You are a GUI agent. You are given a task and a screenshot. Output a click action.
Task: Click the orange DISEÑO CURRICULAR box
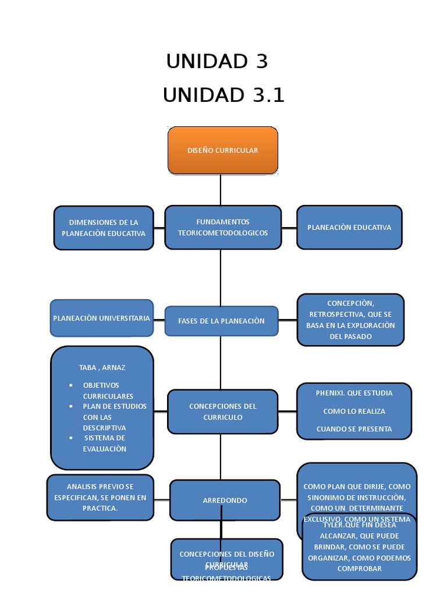coord(222,150)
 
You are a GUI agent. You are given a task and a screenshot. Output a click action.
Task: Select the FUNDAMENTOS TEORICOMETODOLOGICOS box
coord(222,227)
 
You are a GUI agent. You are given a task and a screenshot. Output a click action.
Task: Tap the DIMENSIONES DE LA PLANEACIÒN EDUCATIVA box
coord(104,228)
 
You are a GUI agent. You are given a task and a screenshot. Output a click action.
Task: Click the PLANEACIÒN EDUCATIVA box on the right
coord(349,227)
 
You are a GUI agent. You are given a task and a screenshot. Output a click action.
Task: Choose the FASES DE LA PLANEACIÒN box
coord(221,321)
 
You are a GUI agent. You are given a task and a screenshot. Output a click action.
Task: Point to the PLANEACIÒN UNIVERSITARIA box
coord(102,318)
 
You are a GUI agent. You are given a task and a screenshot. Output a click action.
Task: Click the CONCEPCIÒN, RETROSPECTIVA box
coord(350,320)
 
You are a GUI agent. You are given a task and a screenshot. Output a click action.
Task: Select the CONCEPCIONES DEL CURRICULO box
coord(222,411)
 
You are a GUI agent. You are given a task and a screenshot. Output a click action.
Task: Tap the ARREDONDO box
coord(225,500)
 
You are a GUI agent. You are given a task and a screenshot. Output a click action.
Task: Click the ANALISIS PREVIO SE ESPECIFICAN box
coord(100,497)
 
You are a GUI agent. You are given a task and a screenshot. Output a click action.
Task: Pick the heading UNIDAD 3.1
coord(223,95)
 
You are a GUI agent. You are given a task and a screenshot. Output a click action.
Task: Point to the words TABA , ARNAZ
coord(102,367)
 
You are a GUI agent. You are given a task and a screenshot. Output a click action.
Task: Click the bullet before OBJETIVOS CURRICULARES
coord(70,385)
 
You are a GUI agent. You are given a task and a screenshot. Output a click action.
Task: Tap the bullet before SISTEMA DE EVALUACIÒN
coord(70,438)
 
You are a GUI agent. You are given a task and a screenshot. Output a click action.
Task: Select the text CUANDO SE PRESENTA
coord(354,429)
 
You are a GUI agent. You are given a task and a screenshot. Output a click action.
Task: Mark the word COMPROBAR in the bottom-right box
coord(359,569)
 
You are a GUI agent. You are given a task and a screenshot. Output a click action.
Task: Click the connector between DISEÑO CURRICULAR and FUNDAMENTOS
coord(221,190)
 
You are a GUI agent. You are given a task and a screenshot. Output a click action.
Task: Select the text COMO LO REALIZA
coord(354,411)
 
